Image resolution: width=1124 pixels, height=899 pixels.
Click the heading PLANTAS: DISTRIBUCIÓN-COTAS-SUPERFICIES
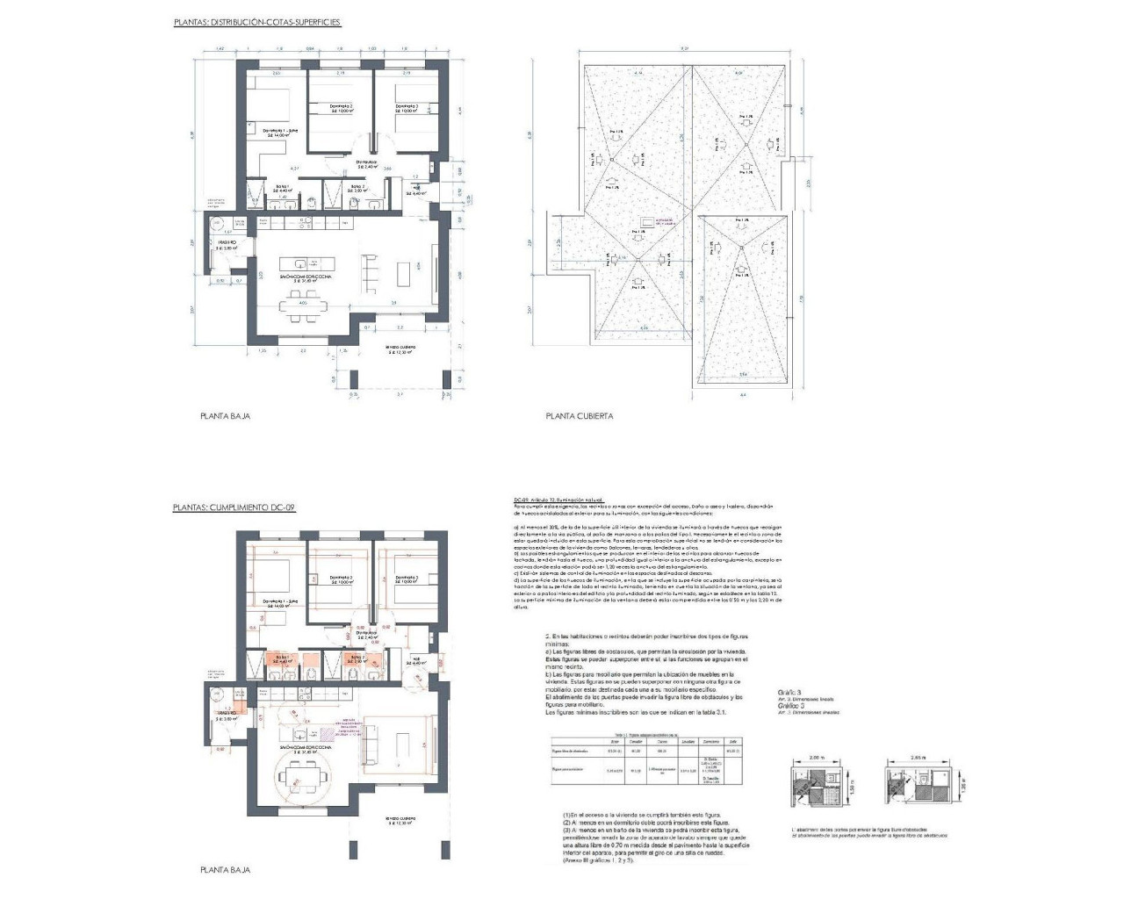[x=257, y=22]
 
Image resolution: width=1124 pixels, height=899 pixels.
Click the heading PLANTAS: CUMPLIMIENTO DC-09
[x=235, y=507]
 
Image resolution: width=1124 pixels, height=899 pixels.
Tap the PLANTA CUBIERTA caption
[x=579, y=416]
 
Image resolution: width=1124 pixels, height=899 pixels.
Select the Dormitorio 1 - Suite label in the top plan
[x=281, y=133]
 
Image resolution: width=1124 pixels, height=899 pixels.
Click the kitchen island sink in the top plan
[x=301, y=263]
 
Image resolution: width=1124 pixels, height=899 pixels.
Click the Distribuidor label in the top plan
[x=366, y=163]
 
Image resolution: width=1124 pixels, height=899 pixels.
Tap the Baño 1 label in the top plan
[x=283, y=188]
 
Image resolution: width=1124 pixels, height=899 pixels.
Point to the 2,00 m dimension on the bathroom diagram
[x=818, y=756]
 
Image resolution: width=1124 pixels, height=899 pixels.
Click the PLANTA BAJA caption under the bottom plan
[x=225, y=870]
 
